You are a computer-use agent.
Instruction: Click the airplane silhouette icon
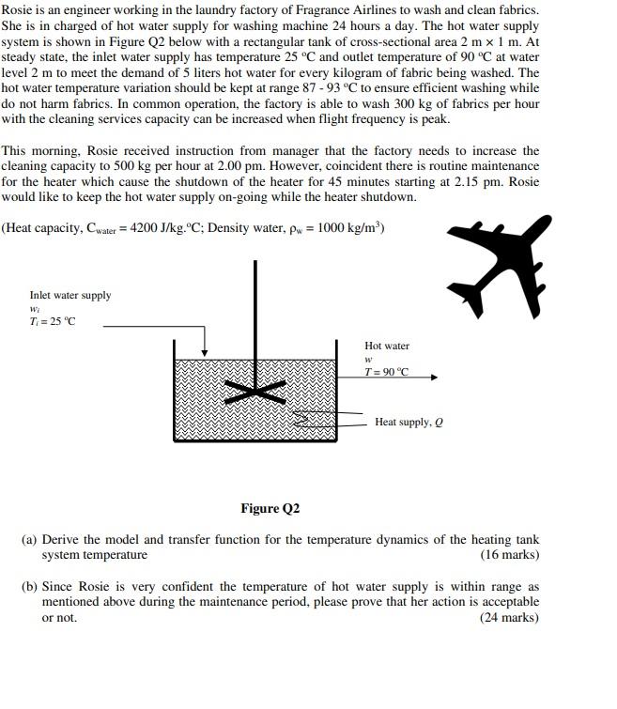498,262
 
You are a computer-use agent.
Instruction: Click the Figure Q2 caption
270,508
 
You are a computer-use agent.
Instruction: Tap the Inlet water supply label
69,295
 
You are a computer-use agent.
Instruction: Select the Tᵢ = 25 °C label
53,322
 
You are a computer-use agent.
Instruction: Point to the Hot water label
387,346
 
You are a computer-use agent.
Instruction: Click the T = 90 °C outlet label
387,371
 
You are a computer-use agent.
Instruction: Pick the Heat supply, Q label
409,423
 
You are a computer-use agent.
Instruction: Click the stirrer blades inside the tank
254,392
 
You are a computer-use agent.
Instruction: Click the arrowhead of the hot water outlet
433,378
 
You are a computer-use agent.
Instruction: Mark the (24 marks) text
509,617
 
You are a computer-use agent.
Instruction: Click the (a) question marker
29,540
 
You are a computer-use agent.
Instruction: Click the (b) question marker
29,586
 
